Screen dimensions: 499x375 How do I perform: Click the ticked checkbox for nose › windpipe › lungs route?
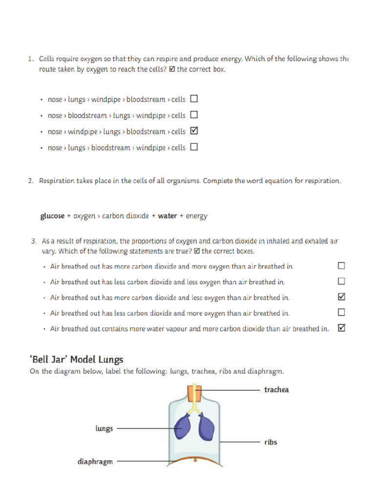tap(194, 131)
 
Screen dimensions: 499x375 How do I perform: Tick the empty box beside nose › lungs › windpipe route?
tap(194, 99)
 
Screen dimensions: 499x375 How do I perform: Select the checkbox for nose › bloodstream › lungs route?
tap(194, 115)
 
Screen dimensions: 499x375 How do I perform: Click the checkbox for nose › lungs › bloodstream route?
tap(194, 147)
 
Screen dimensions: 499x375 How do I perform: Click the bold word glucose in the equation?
tap(52, 216)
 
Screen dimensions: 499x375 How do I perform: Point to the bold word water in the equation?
tap(167, 216)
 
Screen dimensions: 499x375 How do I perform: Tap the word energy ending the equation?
tap(197, 216)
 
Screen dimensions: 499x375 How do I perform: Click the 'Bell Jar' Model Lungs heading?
tap(77, 360)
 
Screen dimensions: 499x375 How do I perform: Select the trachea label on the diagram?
tap(276, 390)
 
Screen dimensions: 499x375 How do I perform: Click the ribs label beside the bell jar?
tap(271, 442)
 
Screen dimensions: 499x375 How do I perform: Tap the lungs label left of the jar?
tap(104, 429)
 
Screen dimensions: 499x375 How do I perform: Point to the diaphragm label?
tap(95, 461)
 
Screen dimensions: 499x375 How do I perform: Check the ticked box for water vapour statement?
tap(341, 328)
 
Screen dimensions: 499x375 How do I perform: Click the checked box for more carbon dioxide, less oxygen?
tap(341, 297)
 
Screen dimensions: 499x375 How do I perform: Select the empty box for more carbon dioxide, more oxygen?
tap(341, 266)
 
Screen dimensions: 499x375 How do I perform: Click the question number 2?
tap(30, 181)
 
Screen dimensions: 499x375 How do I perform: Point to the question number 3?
tap(34, 241)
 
